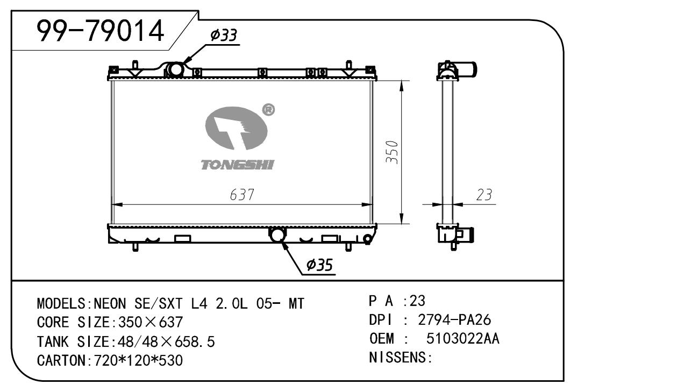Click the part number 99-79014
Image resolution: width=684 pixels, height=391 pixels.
(100, 31)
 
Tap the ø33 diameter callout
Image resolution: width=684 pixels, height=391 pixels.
(224, 35)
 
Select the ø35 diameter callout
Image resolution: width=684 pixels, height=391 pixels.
(319, 265)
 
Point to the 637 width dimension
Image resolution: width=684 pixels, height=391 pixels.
(242, 195)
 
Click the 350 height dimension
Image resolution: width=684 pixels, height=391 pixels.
(392, 152)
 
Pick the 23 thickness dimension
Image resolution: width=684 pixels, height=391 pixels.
(484, 195)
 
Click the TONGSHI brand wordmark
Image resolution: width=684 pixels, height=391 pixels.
(238, 165)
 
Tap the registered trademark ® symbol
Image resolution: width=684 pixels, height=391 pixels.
(268, 110)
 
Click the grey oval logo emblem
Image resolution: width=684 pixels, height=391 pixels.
(236, 129)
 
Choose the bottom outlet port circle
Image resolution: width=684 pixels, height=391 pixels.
(277, 234)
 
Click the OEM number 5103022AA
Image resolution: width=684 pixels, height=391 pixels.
(462, 338)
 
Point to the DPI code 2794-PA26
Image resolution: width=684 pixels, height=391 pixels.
(454, 320)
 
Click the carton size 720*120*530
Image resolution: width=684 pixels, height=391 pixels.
(138, 360)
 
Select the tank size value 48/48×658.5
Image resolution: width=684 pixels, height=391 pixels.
(166, 342)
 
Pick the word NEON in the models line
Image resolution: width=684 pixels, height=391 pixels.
(110, 304)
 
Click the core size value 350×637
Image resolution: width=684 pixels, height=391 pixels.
(150, 322)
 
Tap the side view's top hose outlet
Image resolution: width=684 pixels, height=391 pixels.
(467, 69)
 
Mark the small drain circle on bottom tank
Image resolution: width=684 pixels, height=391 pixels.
(368, 239)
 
